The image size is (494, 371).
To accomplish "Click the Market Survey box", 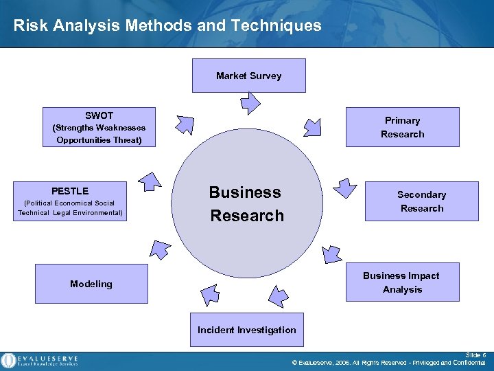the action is click(x=248, y=76).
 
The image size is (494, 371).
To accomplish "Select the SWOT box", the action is click(x=99, y=127).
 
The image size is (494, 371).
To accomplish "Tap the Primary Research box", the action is click(x=402, y=127).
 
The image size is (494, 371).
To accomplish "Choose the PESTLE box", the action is click(x=70, y=201).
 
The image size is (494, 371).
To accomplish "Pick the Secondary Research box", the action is click(x=421, y=201).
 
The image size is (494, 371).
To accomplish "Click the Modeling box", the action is click(x=91, y=284).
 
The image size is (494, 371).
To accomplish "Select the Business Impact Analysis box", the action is click(x=402, y=282).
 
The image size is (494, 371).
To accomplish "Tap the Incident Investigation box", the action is click(x=247, y=330).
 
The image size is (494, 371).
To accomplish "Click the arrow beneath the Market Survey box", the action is click(x=250, y=102).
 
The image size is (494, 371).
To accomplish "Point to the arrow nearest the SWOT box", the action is click(x=185, y=124).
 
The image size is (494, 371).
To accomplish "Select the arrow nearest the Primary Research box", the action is click(x=313, y=126).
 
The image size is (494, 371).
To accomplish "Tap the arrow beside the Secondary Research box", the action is click(x=345, y=186).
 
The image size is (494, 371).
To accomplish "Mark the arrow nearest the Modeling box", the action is click(x=160, y=249).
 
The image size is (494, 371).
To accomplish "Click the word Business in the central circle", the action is click(x=245, y=192).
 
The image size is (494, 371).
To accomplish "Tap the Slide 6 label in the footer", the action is click(x=475, y=355).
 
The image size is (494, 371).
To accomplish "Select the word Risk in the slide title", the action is click(x=28, y=26).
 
